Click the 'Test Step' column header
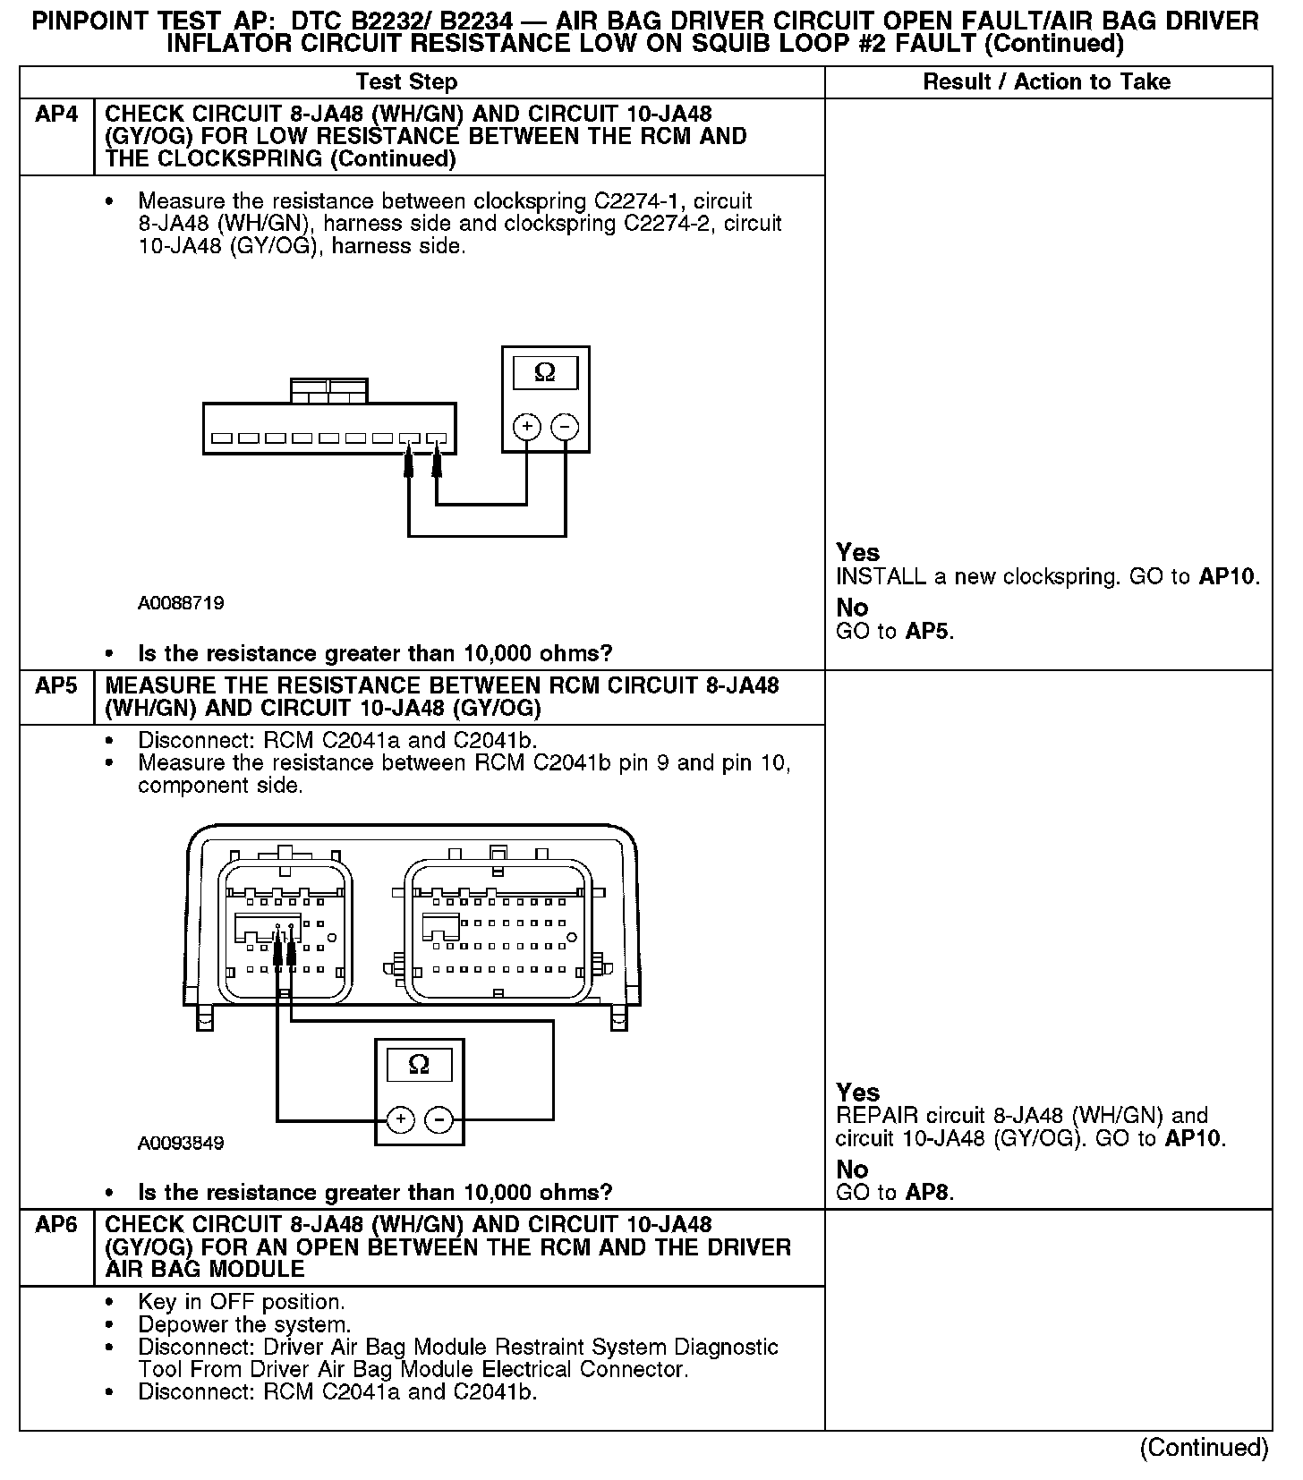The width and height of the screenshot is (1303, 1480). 406,82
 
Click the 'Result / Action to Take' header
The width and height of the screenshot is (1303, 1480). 1046,82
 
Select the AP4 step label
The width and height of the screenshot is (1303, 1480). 56,115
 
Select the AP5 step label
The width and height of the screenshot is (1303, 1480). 56,686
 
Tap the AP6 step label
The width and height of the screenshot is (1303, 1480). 56,1225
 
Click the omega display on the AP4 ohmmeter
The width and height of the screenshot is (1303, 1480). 544,373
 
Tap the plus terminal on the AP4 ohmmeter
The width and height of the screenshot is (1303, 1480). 526,427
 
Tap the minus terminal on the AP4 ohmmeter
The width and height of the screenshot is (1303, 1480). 564,427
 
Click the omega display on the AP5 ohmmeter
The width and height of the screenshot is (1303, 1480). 419,1065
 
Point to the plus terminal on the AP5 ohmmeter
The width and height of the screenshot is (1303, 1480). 400,1119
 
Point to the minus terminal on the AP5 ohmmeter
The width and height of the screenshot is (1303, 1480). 438,1119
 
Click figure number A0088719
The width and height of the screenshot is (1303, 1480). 181,603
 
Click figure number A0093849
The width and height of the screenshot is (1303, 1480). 181,1144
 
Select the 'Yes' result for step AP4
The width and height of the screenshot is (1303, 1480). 857,552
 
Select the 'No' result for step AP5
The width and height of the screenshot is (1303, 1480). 852,1169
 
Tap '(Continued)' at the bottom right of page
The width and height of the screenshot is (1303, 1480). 1204,1448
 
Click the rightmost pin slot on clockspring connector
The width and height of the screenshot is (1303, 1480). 437,439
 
